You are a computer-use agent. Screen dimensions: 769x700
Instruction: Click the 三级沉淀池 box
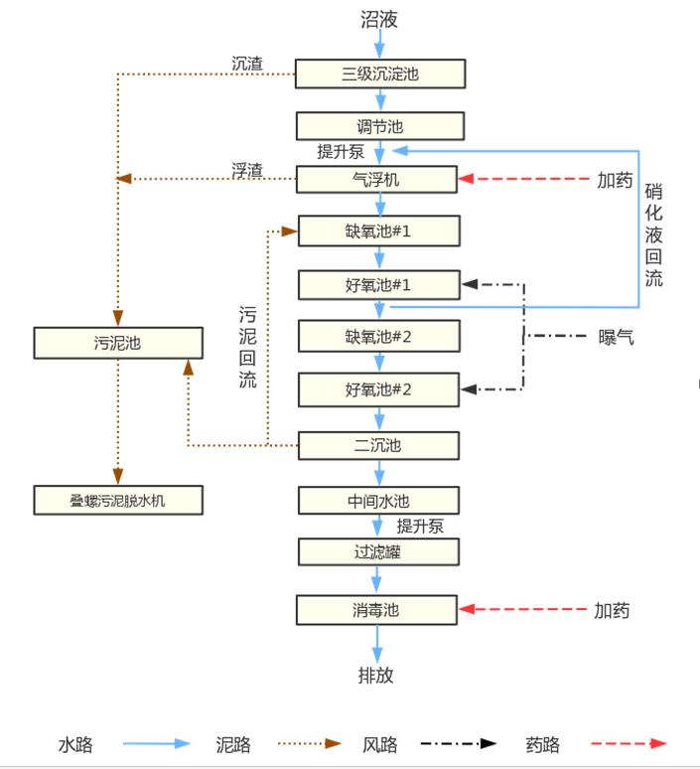[379, 74]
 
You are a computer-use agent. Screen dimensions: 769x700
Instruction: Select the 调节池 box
[379, 126]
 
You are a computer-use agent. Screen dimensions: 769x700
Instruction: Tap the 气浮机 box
[377, 180]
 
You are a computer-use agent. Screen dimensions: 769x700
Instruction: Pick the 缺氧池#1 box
[378, 231]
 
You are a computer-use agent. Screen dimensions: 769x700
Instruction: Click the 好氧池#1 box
[378, 285]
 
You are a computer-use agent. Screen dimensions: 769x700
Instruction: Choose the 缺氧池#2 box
[378, 337]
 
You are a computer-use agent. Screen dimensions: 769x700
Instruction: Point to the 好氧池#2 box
[378, 389]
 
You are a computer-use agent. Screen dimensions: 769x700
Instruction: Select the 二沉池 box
[378, 445]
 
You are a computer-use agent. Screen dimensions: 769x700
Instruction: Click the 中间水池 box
[378, 500]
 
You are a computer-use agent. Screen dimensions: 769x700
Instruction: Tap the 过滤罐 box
[378, 552]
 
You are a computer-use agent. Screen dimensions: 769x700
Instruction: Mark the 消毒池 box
[377, 610]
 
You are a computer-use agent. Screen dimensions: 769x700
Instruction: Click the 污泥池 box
[118, 344]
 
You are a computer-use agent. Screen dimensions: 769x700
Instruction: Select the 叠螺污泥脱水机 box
[118, 500]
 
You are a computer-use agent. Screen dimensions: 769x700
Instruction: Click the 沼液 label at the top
[378, 19]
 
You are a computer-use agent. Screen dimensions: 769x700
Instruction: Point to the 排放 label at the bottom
[376, 676]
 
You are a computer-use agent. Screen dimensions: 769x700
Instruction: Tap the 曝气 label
[617, 337]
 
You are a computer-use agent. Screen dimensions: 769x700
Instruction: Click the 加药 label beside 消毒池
[613, 610]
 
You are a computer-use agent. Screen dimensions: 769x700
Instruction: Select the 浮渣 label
[247, 170]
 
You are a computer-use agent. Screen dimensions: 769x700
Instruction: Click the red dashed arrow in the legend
[629, 743]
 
